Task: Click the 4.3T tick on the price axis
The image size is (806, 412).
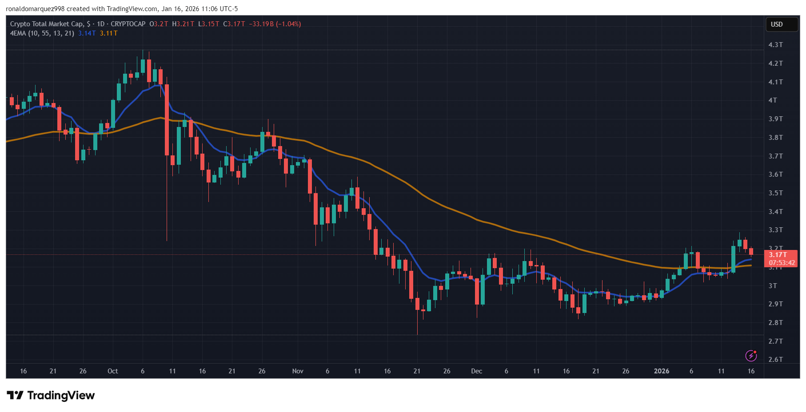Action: pos(775,45)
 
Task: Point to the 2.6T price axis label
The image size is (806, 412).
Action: pos(775,360)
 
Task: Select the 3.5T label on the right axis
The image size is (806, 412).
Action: pos(775,193)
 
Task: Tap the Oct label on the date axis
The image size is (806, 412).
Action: pos(113,371)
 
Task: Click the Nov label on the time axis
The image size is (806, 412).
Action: pos(298,371)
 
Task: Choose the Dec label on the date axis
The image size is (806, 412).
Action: pos(476,371)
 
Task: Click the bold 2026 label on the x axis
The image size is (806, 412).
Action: pos(661,371)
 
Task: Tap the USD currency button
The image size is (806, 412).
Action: pos(777,24)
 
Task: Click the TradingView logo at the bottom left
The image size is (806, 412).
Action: pos(51,396)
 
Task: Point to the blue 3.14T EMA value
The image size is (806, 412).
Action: pos(87,33)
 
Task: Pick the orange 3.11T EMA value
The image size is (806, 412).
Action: pos(108,33)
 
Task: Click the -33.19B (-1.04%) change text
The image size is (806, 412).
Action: pos(275,24)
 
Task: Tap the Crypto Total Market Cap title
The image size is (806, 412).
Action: pos(46,24)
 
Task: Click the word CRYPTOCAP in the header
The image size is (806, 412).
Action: pos(128,24)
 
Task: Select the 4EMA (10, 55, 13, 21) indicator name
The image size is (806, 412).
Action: pos(42,33)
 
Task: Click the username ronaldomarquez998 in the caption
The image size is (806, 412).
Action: pos(35,9)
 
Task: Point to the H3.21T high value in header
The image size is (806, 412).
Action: pos(183,24)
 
